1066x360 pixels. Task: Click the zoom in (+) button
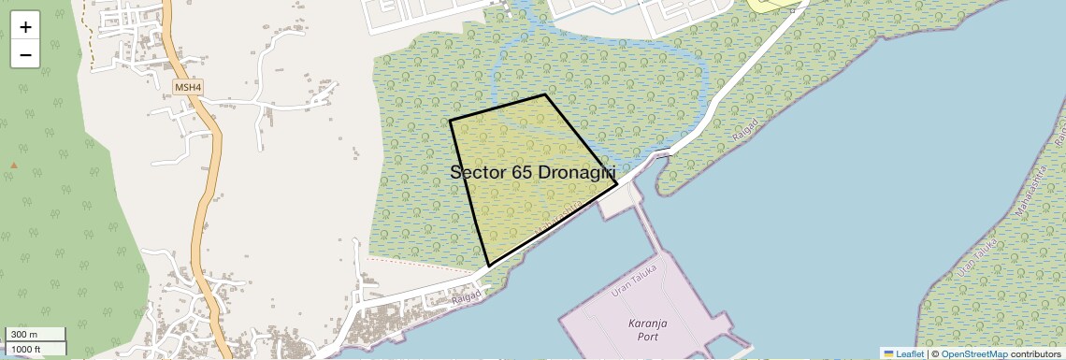click(25, 26)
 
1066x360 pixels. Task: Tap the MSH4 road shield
click(188, 88)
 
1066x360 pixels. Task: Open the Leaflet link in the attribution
click(910, 353)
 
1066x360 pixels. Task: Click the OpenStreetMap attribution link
click(974, 353)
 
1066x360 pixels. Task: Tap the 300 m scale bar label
click(25, 335)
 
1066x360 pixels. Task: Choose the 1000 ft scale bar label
click(28, 349)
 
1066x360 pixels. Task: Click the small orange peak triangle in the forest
click(14, 166)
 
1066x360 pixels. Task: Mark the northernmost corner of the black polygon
click(545, 94)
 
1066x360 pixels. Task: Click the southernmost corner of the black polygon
click(489, 266)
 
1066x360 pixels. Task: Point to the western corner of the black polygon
click(450, 121)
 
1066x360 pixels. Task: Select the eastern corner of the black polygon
click(617, 186)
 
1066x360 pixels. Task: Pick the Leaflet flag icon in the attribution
click(889, 353)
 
